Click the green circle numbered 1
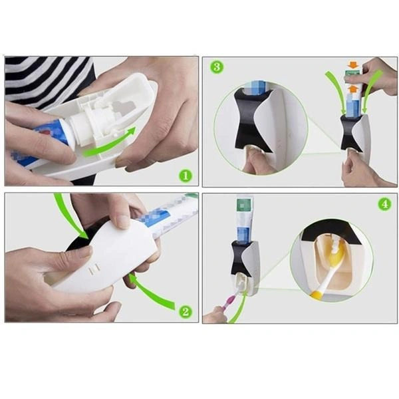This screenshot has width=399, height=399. (186, 176)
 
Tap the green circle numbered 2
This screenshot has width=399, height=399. (186, 311)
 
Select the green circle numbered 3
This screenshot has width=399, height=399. (217, 67)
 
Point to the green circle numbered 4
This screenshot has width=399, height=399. (384, 204)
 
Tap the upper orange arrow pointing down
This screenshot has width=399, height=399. (352, 65)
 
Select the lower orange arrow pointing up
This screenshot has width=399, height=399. (353, 89)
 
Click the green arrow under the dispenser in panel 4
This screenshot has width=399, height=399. (239, 308)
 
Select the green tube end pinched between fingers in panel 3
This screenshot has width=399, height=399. (352, 76)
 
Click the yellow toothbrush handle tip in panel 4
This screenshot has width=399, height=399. (315, 295)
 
